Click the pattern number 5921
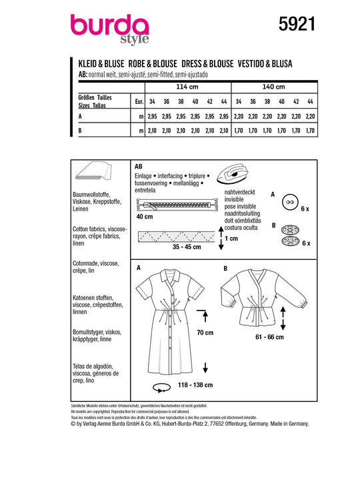[297, 24]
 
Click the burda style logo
[110, 29]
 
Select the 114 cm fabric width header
[187, 87]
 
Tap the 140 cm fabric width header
[274, 87]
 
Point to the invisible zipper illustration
[177, 205]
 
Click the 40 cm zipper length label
[144, 217]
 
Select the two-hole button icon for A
[290, 202]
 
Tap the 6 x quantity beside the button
[305, 209]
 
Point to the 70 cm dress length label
[205, 332]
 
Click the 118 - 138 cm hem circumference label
[195, 385]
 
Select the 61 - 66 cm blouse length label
[269, 337]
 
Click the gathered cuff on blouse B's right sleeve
[303, 302]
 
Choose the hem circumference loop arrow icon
[162, 388]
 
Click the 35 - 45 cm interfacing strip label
[187, 247]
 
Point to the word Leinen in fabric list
[81, 209]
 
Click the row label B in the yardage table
[80, 131]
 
